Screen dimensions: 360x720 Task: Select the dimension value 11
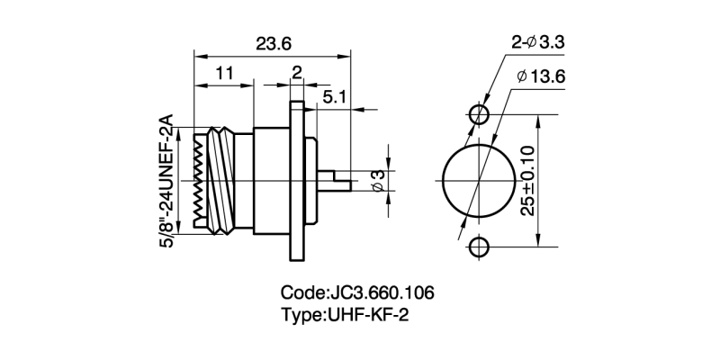pos(224,73)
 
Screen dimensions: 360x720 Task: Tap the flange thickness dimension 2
pos(296,73)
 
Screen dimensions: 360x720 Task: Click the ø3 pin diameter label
pos(378,181)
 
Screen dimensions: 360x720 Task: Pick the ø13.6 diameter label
pos(542,77)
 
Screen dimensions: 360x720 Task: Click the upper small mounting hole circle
pos(479,113)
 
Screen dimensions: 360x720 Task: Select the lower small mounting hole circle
pos(479,247)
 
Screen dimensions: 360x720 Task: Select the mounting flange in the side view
pos(300,180)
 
